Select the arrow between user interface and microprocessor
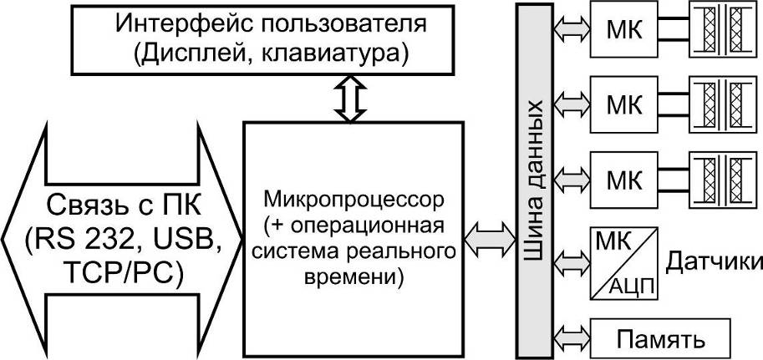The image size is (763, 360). [350, 99]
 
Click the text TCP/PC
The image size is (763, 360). [119, 274]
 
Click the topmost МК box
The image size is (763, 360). [623, 28]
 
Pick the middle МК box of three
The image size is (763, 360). [623, 104]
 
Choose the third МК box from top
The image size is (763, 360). [623, 180]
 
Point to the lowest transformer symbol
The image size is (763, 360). [725, 180]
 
